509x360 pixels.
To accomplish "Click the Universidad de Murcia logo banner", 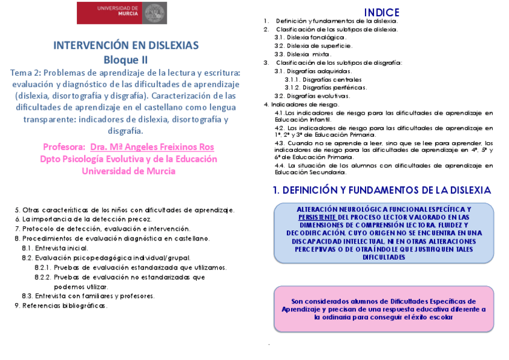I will coord(122,13).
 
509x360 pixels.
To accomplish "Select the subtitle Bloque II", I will coord(125,59).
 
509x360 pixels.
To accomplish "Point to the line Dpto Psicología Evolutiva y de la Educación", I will coord(128,159).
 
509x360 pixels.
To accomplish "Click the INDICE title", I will coord(382,13).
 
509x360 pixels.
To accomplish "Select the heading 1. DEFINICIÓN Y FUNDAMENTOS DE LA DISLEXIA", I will coord(382,190).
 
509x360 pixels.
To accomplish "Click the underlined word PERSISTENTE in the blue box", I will coord(317,217).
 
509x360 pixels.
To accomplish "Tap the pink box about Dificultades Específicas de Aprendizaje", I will coord(384,309).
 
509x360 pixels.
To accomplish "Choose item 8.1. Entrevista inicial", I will coord(55,248).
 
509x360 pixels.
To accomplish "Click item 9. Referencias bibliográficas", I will coord(61,305).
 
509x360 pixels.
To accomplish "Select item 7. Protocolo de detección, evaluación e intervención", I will coord(103,229).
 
